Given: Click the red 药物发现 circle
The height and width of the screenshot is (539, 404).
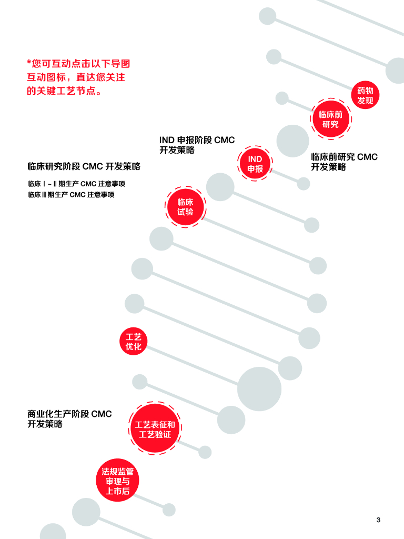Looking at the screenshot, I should coord(365,95).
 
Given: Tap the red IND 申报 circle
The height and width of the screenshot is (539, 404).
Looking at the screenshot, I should coord(255,164).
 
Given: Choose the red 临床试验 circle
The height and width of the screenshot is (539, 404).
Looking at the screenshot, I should coord(185,207).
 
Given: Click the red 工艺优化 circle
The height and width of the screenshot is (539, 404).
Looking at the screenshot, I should coord(133,342).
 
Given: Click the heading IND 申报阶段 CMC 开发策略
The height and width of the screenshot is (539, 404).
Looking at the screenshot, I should coord(197,145).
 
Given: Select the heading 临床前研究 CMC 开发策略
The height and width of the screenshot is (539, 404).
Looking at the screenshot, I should coord(344,162).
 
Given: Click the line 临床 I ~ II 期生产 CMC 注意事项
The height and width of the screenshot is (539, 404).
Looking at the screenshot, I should coord(76,184).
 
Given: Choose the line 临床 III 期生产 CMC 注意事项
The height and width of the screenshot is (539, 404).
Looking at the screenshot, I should coord(71,195).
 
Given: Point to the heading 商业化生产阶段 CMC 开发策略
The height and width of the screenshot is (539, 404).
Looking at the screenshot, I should coord(69,419).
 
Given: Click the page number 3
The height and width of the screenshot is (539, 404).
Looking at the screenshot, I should coord(378,520).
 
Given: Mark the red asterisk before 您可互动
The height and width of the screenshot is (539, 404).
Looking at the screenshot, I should coord(29,63).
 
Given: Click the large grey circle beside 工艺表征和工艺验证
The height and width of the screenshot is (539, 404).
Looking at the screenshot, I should coord(259,389).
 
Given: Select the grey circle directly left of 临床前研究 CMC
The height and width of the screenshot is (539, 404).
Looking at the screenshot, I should coord(292,141).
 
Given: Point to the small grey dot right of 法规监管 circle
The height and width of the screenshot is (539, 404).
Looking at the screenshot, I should coord(169,510).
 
